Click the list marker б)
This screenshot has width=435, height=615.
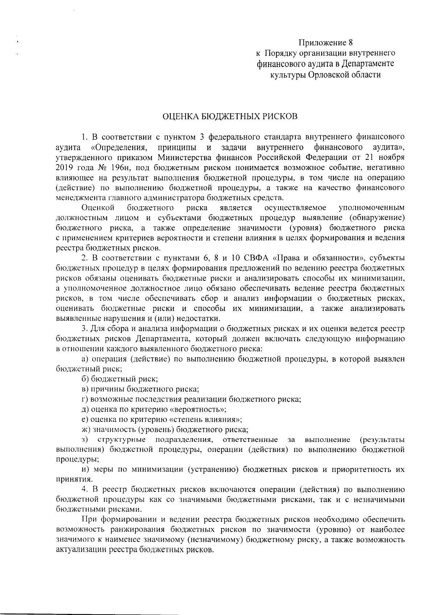click(x=86, y=379)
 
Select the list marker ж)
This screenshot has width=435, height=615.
click(x=86, y=430)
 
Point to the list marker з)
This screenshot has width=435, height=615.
click(x=86, y=440)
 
